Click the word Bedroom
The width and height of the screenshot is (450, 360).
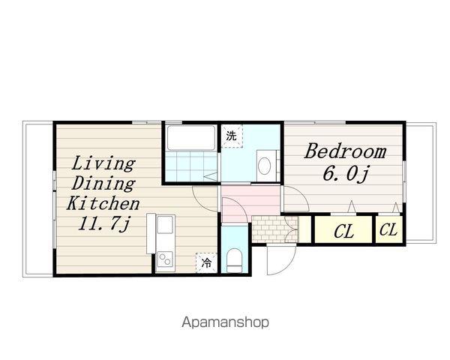point(345,151)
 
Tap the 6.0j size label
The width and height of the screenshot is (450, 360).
point(345,174)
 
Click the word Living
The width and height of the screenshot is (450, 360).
point(103,164)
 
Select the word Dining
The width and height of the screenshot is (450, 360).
point(103,184)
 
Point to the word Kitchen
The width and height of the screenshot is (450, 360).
point(103,203)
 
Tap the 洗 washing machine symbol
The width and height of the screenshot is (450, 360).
point(232,136)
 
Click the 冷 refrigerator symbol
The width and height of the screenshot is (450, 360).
point(206,262)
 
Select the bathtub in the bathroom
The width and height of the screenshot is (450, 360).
point(191,138)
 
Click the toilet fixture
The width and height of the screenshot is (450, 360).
point(234,260)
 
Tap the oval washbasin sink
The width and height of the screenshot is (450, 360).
point(264,166)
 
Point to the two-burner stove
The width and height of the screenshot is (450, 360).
point(165,259)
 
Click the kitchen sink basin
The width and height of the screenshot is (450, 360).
point(165,225)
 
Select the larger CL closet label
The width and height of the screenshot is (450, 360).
point(343,232)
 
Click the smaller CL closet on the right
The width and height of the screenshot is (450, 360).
point(388,229)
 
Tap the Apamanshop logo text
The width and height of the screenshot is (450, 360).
point(226,322)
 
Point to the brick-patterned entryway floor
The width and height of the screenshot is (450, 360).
point(275,229)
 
